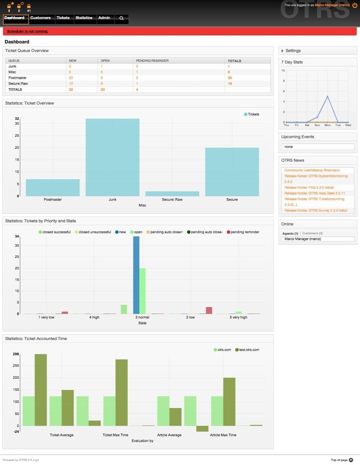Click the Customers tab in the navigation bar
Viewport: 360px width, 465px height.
40,18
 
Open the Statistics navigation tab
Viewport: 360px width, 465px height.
84,18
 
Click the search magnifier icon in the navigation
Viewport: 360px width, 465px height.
121,18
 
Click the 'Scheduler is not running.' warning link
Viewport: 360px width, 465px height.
27,31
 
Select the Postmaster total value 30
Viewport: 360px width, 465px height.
229,78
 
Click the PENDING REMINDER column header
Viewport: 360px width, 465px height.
152,61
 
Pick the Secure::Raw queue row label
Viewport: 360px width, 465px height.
18,84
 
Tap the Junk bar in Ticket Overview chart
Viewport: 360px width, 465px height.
112,157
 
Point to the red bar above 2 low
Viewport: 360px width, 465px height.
209,310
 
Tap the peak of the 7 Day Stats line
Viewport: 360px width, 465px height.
327,97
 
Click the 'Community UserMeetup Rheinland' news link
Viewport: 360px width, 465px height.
312,170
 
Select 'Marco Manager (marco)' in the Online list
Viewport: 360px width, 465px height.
303,239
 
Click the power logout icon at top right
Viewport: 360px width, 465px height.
355,5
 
